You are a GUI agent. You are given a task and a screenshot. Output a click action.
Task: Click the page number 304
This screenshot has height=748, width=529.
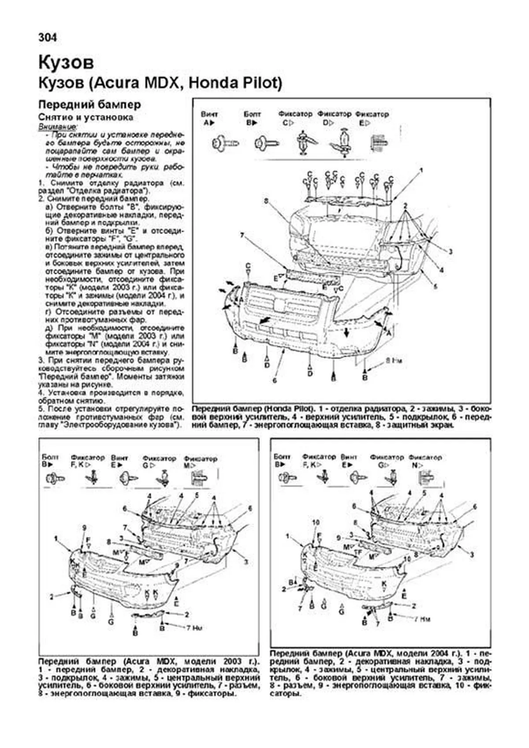[x=48, y=38]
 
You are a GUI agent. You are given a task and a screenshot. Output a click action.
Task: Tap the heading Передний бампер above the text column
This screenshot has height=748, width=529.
[x=90, y=104]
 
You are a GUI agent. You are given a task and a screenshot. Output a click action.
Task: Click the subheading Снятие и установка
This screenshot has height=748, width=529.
[x=86, y=117]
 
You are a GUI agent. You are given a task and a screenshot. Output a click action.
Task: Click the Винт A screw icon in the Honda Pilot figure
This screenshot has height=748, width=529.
[x=224, y=143]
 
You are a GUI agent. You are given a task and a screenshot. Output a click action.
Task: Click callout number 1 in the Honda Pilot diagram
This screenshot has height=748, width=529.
[x=421, y=170]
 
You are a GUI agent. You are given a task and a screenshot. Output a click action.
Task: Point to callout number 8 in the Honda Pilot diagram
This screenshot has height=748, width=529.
[x=266, y=201]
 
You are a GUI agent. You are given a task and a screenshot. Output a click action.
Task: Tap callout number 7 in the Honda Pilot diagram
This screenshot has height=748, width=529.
[x=242, y=235]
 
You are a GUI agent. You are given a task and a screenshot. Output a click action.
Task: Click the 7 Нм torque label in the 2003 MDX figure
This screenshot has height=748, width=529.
[x=194, y=627]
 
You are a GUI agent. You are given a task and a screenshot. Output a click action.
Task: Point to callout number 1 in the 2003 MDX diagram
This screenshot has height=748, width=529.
[x=56, y=538]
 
